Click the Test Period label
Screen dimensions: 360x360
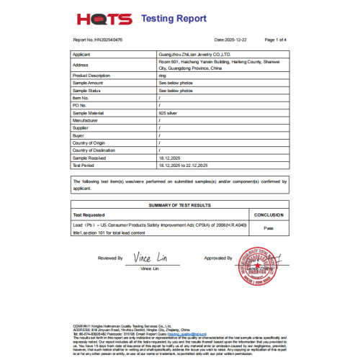point(84,165)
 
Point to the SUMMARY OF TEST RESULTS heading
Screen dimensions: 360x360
point(179,205)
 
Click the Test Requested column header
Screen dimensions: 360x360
point(89,215)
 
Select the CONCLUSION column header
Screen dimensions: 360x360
point(269,215)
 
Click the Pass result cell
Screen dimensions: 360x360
point(269,228)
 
